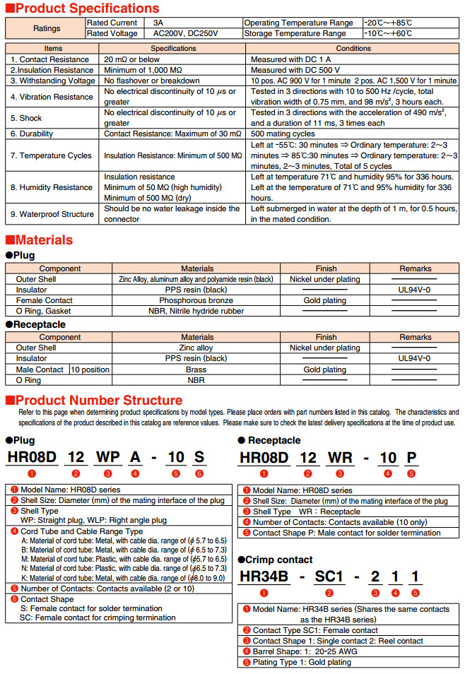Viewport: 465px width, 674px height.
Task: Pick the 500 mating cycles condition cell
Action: [x=283, y=134]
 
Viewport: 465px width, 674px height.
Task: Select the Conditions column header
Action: [x=353, y=49]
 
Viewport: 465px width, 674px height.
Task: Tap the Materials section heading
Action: [x=44, y=240]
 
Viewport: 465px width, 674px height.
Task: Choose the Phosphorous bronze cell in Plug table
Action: [x=197, y=300]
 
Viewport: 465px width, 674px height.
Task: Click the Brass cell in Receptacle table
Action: [x=196, y=369]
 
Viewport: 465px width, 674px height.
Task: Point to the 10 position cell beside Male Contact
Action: [x=90, y=369]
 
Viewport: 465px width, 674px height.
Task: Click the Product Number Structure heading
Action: [x=99, y=400]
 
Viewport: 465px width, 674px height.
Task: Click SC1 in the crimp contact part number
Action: [x=328, y=577]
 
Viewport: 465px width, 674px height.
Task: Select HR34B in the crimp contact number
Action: [x=264, y=577]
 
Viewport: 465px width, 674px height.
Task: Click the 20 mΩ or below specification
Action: [x=131, y=59]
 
